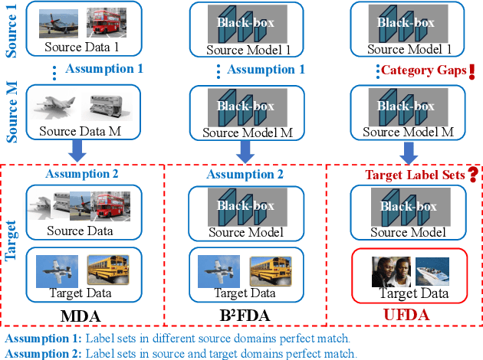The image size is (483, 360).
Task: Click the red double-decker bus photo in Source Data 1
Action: point(107,23)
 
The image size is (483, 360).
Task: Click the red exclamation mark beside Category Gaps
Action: point(472,71)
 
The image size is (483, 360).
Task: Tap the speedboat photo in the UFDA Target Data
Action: point(431,271)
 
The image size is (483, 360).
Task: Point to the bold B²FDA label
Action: point(245,315)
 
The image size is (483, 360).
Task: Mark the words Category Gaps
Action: point(423,72)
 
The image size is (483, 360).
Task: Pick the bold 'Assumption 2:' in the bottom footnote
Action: point(42,353)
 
